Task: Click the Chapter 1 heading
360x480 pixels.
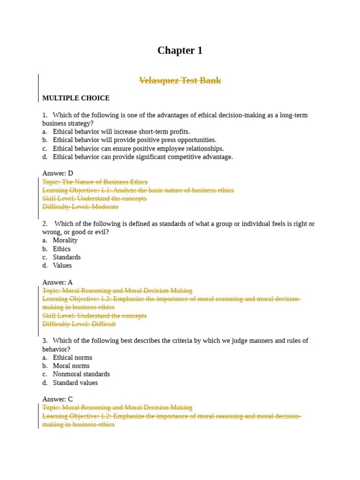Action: pyautogui.click(x=180, y=51)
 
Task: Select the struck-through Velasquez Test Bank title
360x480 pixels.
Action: pyautogui.click(x=180, y=81)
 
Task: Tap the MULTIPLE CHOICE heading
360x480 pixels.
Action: pyautogui.click(x=76, y=98)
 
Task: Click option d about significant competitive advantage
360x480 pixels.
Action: pyautogui.click(x=142, y=157)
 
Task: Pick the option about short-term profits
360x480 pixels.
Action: pyautogui.click(x=121, y=132)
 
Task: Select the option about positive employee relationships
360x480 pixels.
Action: pyautogui.click(x=138, y=149)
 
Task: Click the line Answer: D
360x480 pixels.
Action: pyautogui.click(x=58, y=173)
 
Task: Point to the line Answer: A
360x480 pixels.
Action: pyautogui.click(x=58, y=282)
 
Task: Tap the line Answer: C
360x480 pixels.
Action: pyautogui.click(x=58, y=399)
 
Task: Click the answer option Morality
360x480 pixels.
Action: pyautogui.click(x=65, y=240)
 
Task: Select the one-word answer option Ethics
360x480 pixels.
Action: pyautogui.click(x=61, y=249)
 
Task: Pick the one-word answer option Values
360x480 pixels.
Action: pyautogui.click(x=62, y=266)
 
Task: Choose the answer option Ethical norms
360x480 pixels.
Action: pyautogui.click(x=72, y=358)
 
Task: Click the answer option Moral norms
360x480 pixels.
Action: pyautogui.click(x=71, y=366)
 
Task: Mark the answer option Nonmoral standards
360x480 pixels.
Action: pyautogui.click(x=81, y=375)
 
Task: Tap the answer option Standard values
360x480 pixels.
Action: pyautogui.click(x=75, y=383)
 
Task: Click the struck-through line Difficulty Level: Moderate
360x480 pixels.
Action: pyautogui.click(x=80, y=207)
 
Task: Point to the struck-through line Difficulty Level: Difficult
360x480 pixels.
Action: pyautogui.click(x=79, y=324)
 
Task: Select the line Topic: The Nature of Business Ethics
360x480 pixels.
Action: pyautogui.click(x=95, y=182)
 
